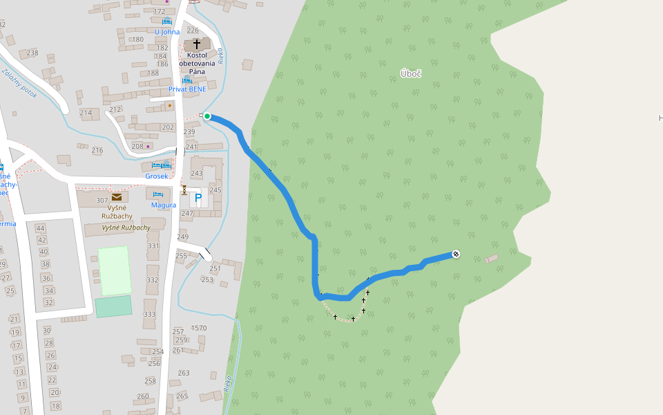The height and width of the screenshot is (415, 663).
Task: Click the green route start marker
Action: [207, 116]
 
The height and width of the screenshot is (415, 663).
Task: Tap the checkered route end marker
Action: [456, 255]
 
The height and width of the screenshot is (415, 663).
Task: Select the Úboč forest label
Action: [411, 73]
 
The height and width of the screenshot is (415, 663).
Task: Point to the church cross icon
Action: [197, 44]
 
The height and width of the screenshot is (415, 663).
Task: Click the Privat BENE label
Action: [187, 89]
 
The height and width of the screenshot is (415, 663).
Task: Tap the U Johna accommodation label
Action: [167, 32]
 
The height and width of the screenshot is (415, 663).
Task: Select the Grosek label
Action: [157, 176]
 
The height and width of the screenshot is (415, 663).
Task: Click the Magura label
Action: [164, 205]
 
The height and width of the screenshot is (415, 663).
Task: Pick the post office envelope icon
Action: [116, 197]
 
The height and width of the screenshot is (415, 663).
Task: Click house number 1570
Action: [199, 328]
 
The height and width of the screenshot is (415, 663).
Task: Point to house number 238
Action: [32, 53]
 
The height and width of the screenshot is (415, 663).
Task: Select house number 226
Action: [193, 30]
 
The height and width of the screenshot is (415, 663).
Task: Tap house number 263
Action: [184, 373]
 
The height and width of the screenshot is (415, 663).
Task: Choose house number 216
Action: [97, 150]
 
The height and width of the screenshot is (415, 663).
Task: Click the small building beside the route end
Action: [491, 259]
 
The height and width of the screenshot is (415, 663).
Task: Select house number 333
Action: [149, 314]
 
